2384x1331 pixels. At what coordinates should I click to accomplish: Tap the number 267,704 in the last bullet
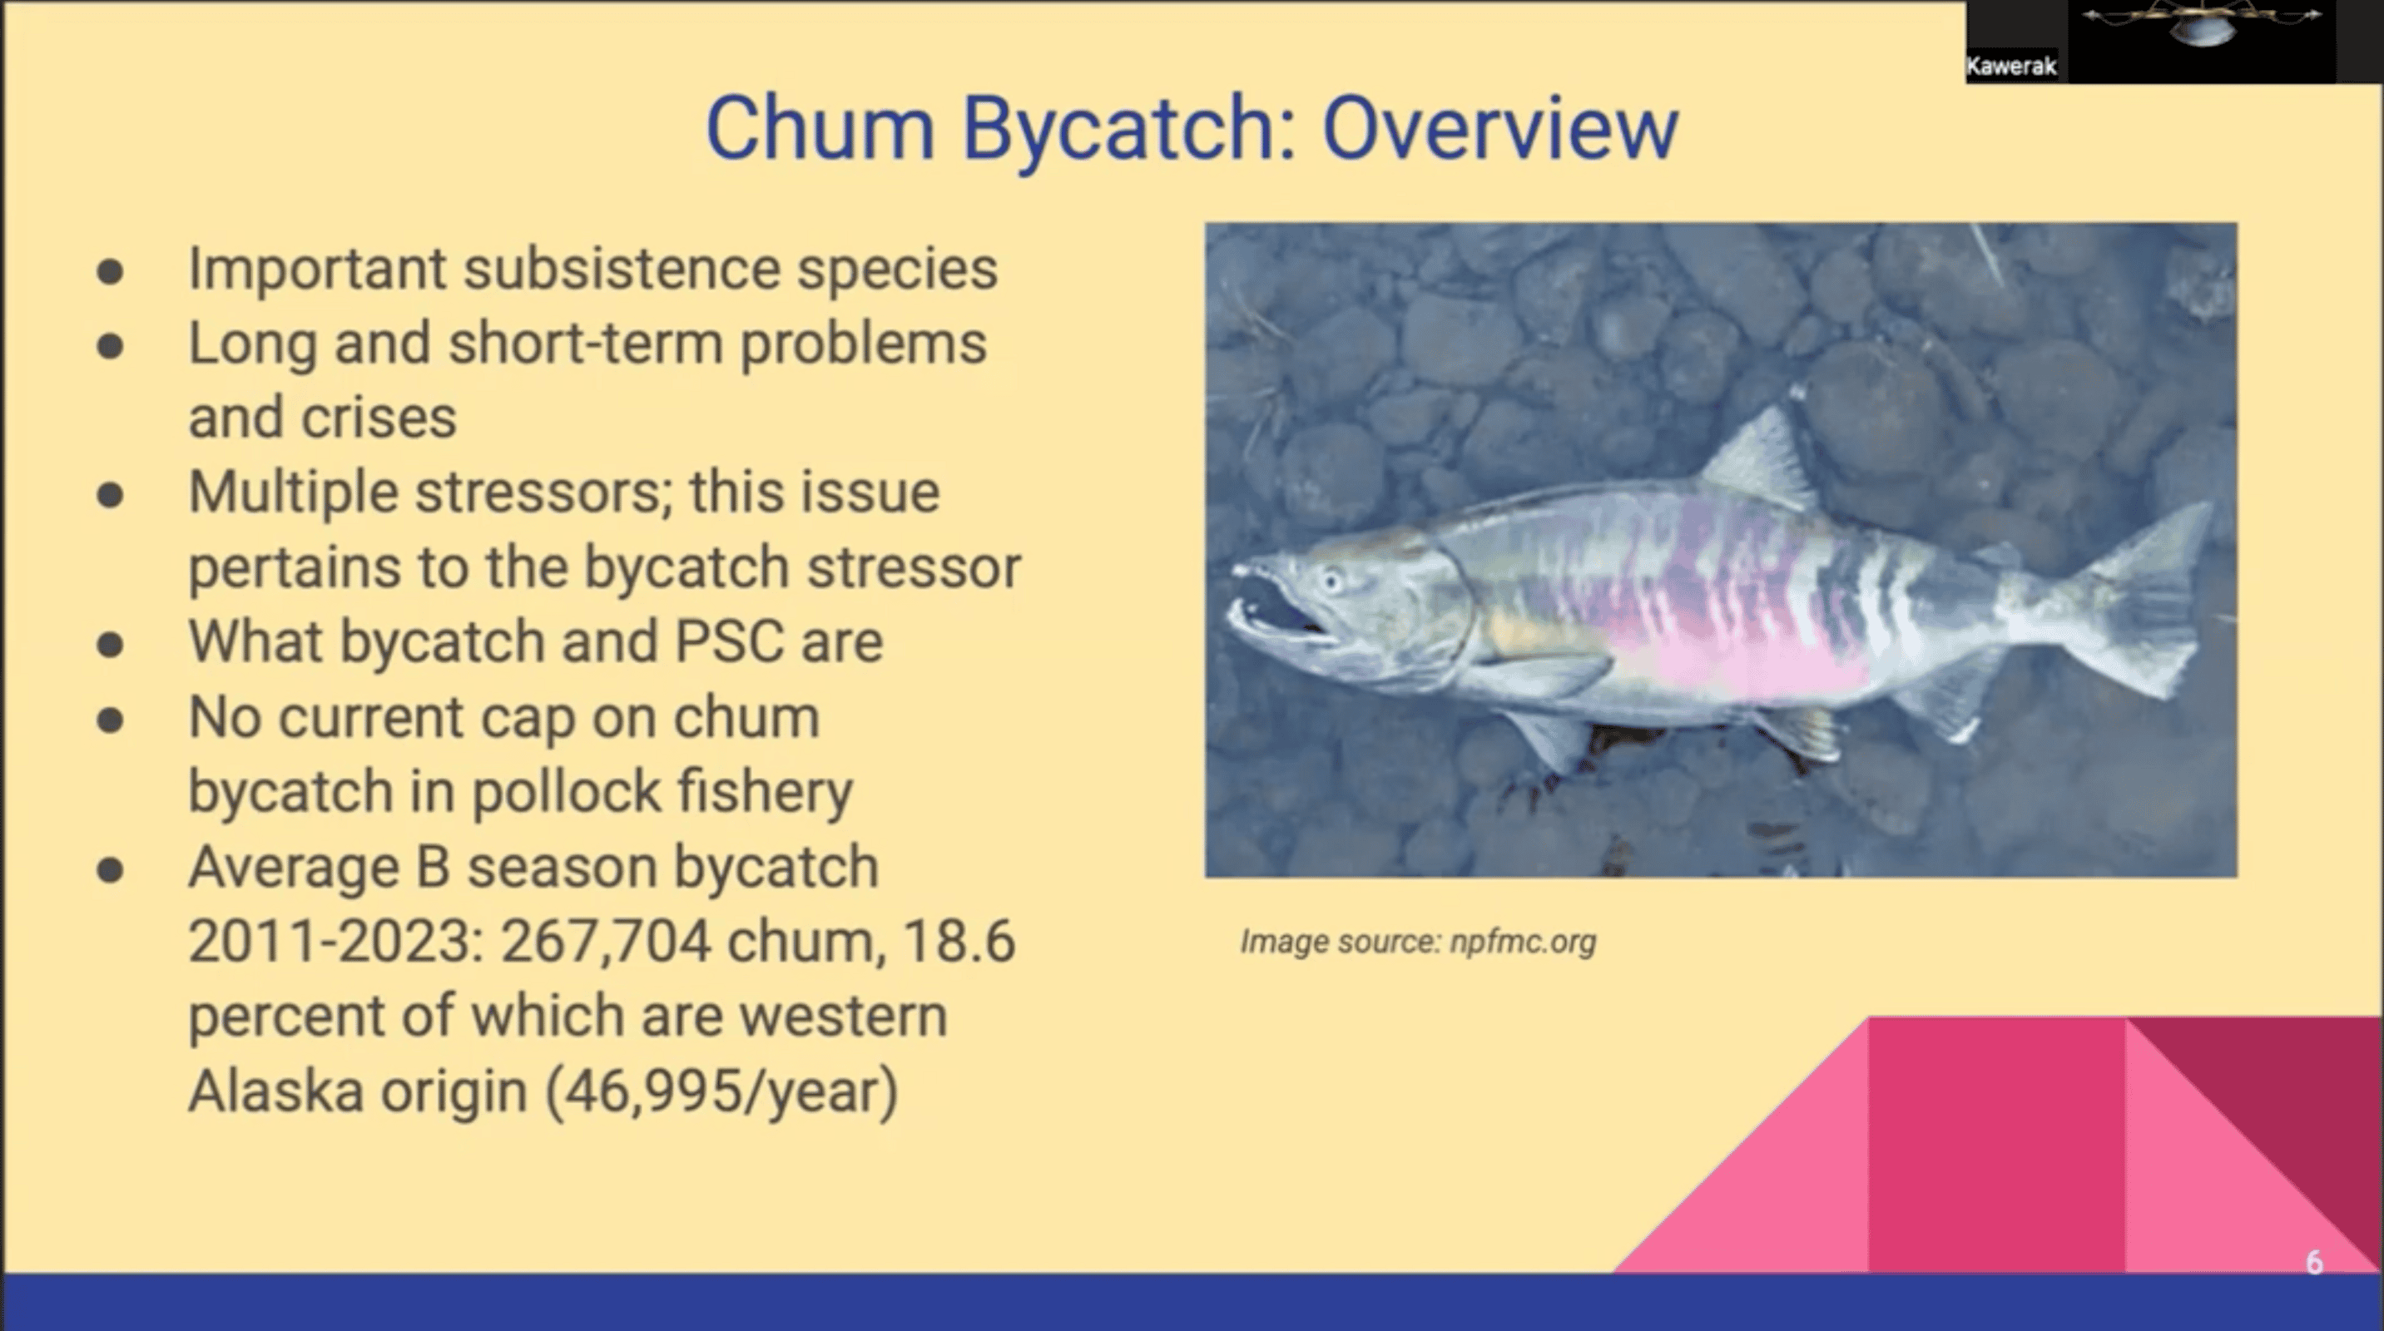point(606,941)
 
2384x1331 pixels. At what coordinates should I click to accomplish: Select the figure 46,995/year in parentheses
point(722,1091)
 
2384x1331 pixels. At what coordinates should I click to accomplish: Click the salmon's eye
point(1331,581)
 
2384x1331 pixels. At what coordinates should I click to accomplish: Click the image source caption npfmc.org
point(1523,942)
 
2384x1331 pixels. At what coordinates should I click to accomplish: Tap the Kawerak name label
point(2011,66)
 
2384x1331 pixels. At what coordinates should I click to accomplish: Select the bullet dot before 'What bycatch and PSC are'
point(110,644)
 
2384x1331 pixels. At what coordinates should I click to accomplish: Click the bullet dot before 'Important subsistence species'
point(110,271)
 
